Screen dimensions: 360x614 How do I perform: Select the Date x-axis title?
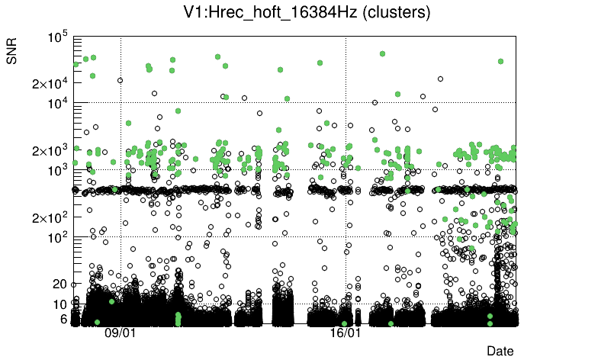click(x=500, y=351)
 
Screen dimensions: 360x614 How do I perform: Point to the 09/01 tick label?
click(x=120, y=333)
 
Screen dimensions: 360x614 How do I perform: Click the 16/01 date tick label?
click(x=345, y=333)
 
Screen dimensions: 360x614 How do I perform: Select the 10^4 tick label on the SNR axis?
click(x=59, y=104)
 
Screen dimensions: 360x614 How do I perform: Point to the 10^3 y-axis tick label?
click(x=59, y=171)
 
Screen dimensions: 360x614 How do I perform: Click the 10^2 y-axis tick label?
click(x=59, y=238)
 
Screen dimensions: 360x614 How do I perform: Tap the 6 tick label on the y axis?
click(x=64, y=319)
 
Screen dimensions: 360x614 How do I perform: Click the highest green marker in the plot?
click(x=382, y=53)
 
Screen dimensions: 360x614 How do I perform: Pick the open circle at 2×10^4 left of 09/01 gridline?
click(x=120, y=80)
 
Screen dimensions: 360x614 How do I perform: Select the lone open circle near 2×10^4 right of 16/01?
click(x=440, y=79)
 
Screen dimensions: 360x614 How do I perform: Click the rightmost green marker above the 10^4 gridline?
click(x=500, y=61)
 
